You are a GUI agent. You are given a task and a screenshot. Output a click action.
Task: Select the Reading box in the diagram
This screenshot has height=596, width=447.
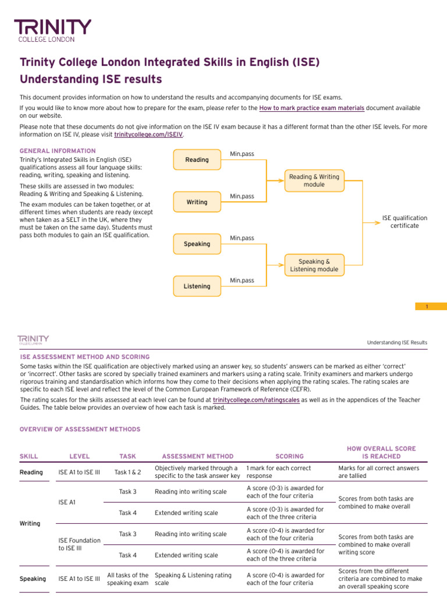197,159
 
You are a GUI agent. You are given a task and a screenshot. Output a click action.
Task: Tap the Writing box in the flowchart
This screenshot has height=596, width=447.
197,202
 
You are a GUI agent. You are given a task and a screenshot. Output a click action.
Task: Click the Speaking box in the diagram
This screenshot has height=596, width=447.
197,244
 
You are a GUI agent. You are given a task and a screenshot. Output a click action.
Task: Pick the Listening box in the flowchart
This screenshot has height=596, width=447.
197,286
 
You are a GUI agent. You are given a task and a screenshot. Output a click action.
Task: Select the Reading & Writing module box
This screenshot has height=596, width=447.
314,180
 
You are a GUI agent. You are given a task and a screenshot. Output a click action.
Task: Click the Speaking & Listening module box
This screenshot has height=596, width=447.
314,265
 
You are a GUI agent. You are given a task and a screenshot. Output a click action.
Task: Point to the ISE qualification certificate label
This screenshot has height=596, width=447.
404,222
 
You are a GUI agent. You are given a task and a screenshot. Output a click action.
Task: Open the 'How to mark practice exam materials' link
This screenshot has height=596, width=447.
312,108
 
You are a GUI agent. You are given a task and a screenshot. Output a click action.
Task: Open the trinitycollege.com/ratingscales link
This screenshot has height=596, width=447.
253,400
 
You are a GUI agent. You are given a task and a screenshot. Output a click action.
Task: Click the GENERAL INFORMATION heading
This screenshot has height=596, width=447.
58,151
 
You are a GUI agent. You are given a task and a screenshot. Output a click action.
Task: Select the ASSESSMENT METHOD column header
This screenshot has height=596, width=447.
197,456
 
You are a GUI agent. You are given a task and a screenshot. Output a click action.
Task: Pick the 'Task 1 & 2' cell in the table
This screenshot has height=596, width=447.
127,472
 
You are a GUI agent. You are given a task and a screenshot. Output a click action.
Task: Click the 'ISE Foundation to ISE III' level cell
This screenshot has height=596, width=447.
79,544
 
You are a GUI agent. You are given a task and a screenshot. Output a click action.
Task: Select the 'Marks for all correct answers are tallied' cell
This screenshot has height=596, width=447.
378,472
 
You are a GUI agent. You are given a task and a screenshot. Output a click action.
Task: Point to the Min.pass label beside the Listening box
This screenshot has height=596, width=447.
242,281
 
